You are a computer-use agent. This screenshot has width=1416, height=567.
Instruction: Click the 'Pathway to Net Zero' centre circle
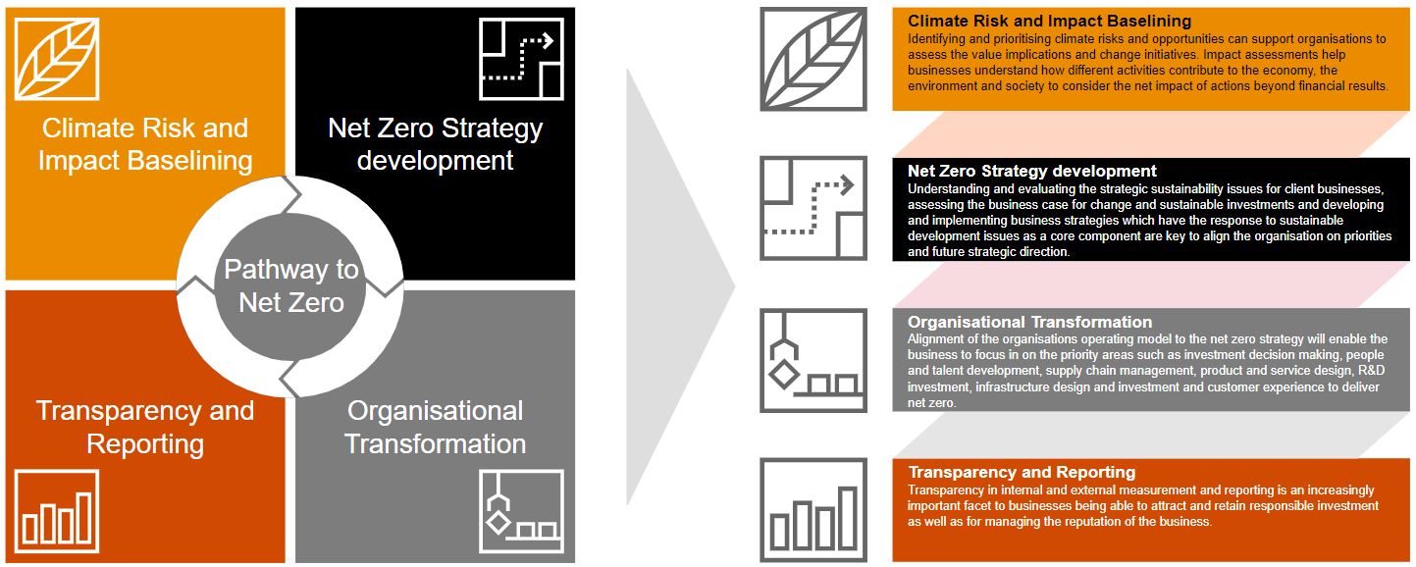click(291, 285)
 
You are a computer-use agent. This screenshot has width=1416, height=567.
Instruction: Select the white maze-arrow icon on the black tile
click(521, 58)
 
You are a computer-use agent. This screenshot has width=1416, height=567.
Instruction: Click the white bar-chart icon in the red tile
click(57, 510)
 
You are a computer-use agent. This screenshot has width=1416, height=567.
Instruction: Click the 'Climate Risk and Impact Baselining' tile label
click(145, 144)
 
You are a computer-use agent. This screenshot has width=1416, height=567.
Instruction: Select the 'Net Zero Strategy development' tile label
click(435, 144)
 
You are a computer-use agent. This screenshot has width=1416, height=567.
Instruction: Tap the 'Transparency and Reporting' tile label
click(145, 427)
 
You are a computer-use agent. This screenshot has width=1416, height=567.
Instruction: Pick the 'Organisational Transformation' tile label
click(435, 427)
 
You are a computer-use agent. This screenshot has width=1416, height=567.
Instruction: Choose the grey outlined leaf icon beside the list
click(813, 59)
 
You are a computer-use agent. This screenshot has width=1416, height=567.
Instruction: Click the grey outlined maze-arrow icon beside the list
click(813, 209)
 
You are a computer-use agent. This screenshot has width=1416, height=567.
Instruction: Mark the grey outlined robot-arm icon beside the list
click(813, 360)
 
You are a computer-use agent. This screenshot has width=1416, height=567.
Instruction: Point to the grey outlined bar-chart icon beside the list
click(813, 509)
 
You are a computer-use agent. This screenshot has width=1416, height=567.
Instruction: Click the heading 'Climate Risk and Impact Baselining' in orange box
click(1049, 21)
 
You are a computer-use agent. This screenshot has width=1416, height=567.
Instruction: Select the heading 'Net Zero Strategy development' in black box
click(1032, 172)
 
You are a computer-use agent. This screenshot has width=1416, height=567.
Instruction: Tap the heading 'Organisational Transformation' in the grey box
click(1029, 322)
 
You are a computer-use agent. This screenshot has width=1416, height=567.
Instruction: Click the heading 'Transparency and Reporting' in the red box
click(1022, 473)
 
